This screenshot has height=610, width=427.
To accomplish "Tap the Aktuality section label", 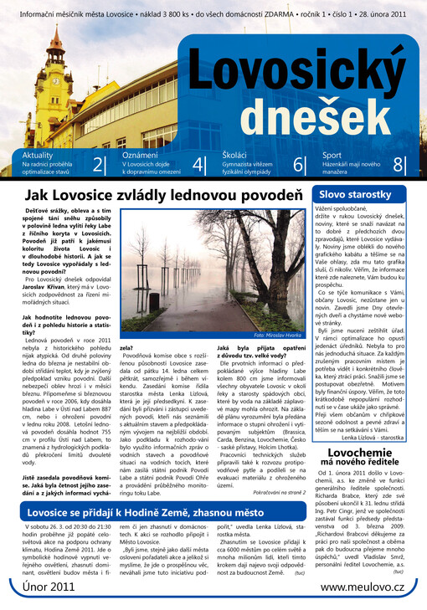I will (x=38, y=156).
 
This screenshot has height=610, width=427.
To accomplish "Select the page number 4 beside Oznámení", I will (x=198, y=166).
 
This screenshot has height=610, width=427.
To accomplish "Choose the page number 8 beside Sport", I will (x=398, y=166).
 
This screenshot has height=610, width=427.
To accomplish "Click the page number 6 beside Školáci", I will (x=298, y=166).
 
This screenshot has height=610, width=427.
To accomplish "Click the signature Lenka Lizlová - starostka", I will (x=377, y=437).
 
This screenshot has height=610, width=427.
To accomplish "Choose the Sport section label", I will (x=332, y=156).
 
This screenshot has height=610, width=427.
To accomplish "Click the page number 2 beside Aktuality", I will (x=99, y=166).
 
